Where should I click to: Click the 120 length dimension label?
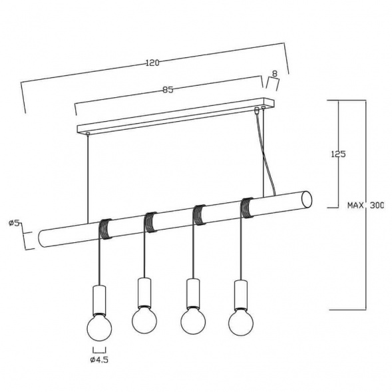coord(152,63)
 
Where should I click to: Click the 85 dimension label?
coord(168,90)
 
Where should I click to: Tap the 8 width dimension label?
coord(274,73)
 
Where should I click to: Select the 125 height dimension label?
coord(338,154)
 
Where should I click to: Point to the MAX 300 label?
coord(365,206)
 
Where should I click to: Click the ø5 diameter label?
coord(14,223)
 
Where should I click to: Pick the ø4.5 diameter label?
coord(99,360)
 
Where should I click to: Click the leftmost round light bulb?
coord(99,328)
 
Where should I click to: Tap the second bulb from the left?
coord(144,321)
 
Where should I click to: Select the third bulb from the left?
coord(193,321)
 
